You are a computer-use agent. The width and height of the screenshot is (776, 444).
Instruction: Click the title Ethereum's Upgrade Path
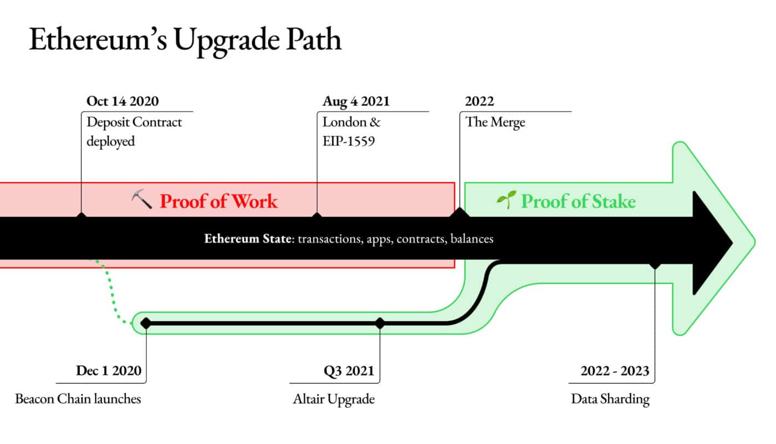pyautogui.click(x=185, y=40)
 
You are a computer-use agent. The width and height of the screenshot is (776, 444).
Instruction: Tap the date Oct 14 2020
pyautogui.click(x=122, y=101)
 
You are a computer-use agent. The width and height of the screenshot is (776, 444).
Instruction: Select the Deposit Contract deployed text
pyautogui.click(x=134, y=132)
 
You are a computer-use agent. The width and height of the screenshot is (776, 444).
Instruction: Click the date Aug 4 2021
pyautogui.click(x=356, y=102)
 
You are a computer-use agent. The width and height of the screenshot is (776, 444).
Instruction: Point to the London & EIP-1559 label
pyautogui.click(x=351, y=132)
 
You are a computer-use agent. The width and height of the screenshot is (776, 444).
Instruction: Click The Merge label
pyautogui.click(x=495, y=123)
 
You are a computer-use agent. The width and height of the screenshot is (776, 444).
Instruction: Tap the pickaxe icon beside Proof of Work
pyautogui.click(x=142, y=199)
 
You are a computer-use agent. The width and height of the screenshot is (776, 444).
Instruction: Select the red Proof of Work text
pyautogui.click(x=218, y=201)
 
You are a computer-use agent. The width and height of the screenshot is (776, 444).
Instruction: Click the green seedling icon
pyautogui.click(x=507, y=199)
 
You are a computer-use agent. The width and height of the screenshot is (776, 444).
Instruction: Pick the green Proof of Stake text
pyautogui.click(x=579, y=201)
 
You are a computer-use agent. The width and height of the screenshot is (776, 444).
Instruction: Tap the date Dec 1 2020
pyautogui.click(x=109, y=371)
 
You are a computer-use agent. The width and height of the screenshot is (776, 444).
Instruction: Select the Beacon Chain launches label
pyautogui.click(x=78, y=399)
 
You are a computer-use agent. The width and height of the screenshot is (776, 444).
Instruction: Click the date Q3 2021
pyautogui.click(x=349, y=371)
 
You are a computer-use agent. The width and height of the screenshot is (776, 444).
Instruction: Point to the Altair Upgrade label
pyautogui.click(x=334, y=400)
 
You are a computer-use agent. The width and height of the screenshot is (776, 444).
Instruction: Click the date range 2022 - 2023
pyautogui.click(x=615, y=371)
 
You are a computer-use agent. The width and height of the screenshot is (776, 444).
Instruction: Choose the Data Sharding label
pyautogui.click(x=610, y=400)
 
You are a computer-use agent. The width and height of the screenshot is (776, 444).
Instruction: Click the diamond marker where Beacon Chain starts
pyautogui.click(x=146, y=323)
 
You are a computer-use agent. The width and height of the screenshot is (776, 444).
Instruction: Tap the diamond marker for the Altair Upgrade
pyautogui.click(x=380, y=323)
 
